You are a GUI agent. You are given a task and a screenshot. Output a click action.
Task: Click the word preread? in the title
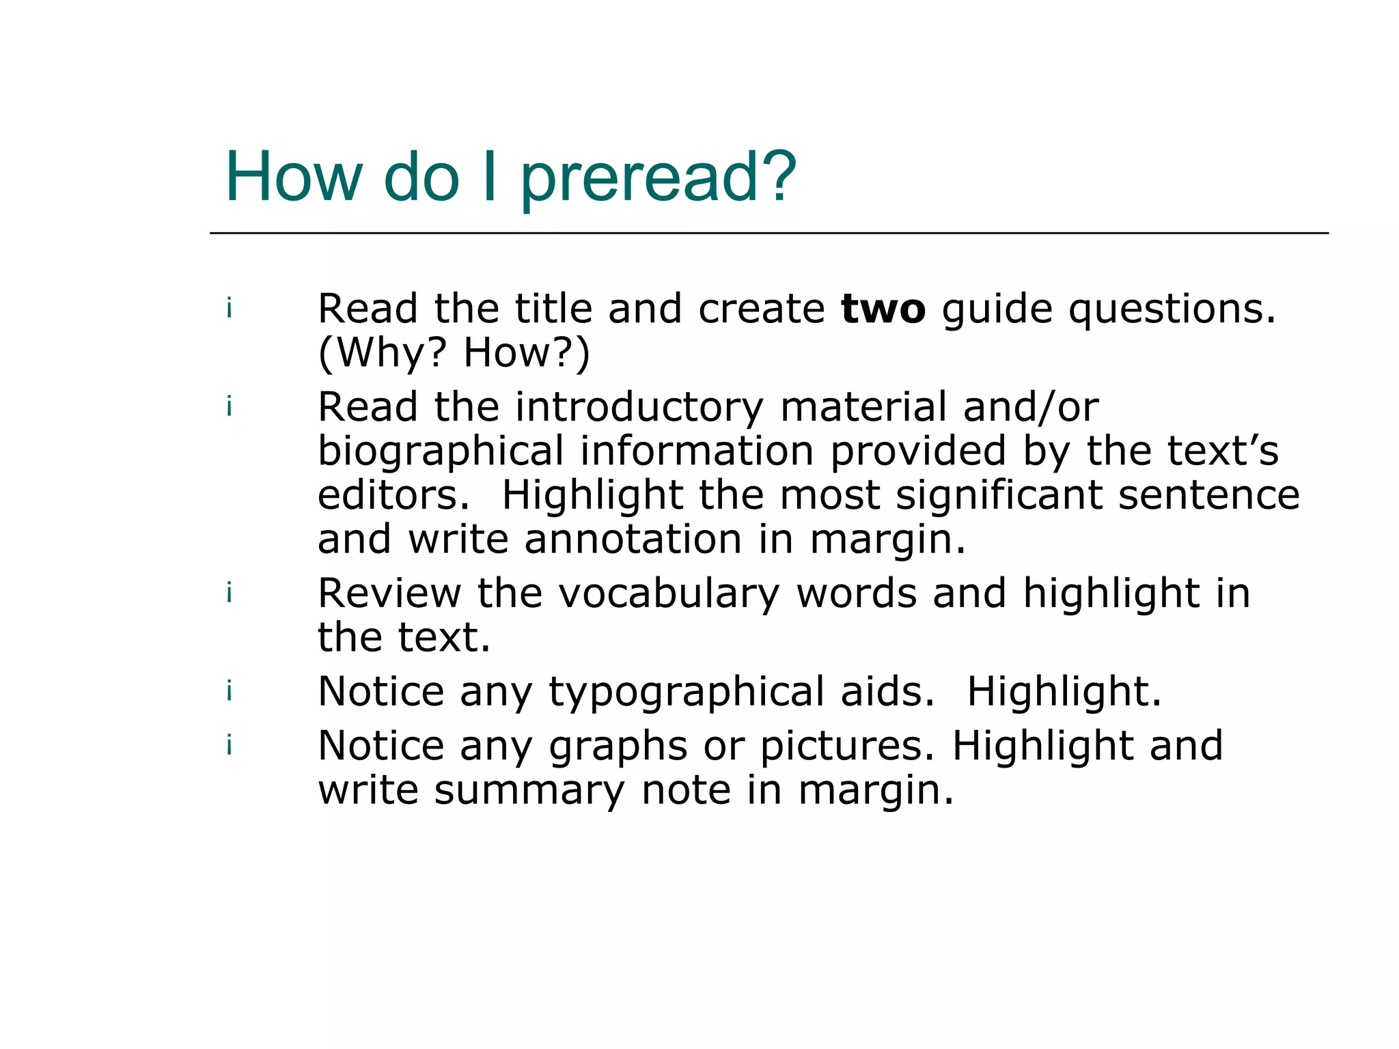658,178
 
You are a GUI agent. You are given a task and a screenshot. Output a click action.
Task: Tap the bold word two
883,309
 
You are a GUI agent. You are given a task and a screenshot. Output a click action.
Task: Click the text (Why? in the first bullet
382,353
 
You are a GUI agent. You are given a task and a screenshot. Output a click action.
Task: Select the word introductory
639,408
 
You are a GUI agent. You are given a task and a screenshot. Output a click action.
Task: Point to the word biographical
441,451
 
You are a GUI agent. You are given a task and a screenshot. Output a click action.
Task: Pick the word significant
999,495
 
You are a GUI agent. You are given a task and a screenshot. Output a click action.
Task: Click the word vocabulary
669,593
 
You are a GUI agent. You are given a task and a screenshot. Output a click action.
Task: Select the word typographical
687,692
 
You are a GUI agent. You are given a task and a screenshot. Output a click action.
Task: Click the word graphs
618,746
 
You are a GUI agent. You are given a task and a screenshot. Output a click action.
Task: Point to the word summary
529,790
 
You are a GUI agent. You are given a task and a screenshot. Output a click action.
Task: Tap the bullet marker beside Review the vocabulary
230,593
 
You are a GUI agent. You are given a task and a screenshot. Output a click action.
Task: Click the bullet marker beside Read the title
230,309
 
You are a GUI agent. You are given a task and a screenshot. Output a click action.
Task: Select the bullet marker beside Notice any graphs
230,745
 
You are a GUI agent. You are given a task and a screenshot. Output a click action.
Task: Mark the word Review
389,593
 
